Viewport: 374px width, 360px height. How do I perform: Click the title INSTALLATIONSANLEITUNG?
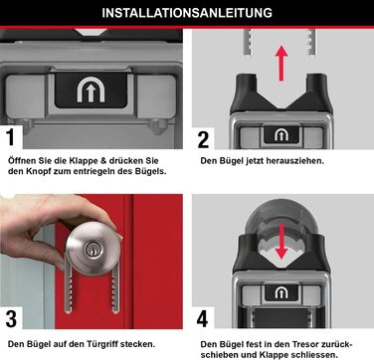187,13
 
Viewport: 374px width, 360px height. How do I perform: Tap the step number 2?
204,138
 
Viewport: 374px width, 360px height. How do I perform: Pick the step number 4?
204,319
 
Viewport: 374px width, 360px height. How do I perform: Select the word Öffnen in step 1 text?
24,159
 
